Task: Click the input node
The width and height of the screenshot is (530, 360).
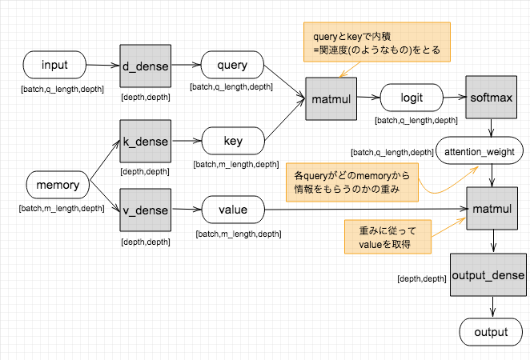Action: coord(54,65)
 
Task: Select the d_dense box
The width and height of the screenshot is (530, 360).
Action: coord(145,65)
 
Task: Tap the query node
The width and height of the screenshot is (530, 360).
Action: coord(232,65)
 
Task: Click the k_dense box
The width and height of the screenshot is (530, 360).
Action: coord(145,142)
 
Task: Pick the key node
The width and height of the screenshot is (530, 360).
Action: coord(232,142)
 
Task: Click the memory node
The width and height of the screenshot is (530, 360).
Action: coord(58,186)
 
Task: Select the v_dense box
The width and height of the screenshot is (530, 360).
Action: coord(145,210)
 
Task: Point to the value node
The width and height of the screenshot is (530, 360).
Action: coord(232,210)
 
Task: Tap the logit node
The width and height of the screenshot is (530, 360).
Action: coord(412,99)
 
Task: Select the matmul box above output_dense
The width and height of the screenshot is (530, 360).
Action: coord(491,210)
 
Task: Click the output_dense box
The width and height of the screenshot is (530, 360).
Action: coord(488,275)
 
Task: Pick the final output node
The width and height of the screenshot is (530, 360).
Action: coord(491,332)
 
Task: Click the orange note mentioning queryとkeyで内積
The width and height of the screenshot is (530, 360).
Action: coord(376,43)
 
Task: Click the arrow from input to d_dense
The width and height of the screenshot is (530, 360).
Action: coord(102,65)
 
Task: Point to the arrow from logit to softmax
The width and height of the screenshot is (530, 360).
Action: coord(455,99)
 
